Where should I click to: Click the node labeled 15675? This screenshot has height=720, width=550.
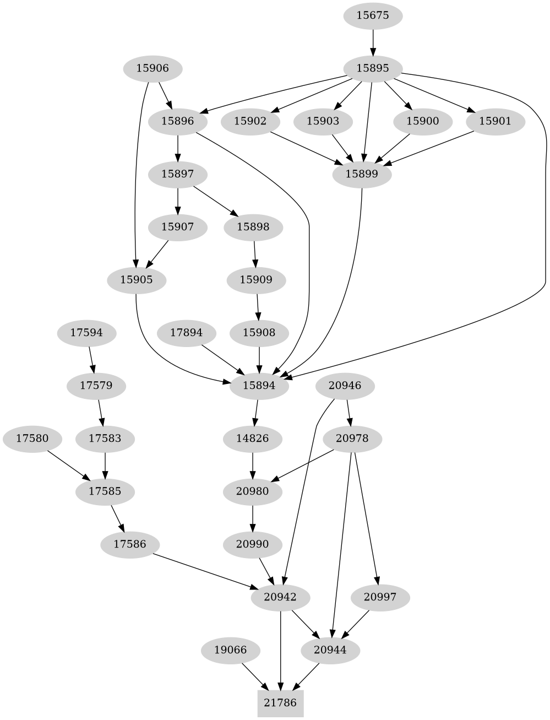[x=373, y=15]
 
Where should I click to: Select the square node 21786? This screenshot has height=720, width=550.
[x=280, y=702]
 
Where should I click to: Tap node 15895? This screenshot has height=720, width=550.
[x=373, y=68]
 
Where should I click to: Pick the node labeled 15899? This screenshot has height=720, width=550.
[x=362, y=174]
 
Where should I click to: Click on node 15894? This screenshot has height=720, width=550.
[x=259, y=386]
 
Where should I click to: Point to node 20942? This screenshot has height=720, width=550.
[x=280, y=597]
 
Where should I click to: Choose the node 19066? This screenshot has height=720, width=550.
[x=230, y=650]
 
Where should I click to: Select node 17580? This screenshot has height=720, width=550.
[x=32, y=439]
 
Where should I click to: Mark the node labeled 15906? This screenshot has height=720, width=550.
[x=152, y=68]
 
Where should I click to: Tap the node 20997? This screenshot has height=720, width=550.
[x=380, y=597]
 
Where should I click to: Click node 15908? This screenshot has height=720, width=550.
[x=259, y=333]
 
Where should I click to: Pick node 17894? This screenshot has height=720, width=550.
[x=186, y=333]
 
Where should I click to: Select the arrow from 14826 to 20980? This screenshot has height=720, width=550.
[x=253, y=465]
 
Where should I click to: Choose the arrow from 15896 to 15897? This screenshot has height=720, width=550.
[x=178, y=148]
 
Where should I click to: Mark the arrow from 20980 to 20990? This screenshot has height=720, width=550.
[x=253, y=518]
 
